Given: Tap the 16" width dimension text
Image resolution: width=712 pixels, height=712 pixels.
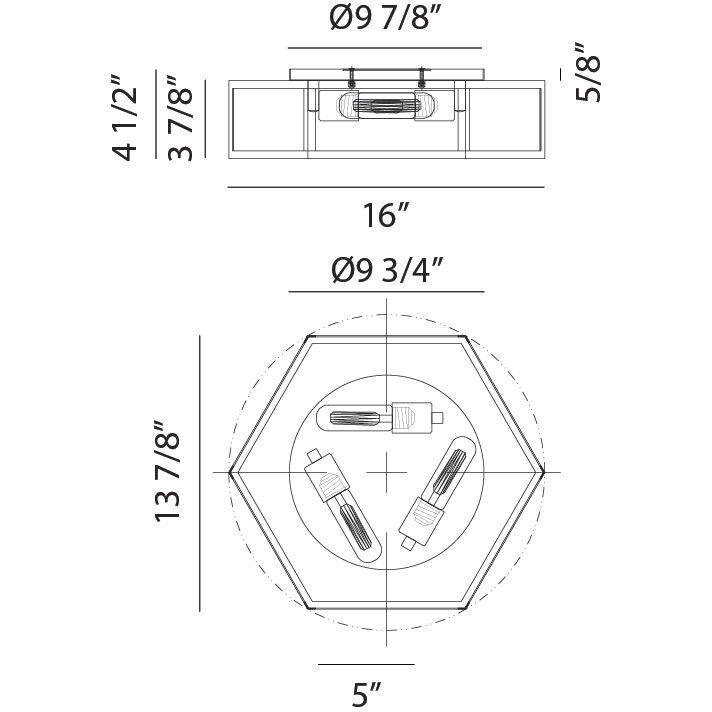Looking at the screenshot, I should [386, 215].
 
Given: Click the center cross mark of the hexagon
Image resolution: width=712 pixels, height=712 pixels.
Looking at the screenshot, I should [386, 471].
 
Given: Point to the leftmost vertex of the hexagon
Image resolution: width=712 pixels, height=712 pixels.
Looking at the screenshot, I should [230, 471].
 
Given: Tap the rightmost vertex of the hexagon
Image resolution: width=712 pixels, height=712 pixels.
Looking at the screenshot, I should [543, 471].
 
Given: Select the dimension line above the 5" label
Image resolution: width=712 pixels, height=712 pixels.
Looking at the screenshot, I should [366, 664].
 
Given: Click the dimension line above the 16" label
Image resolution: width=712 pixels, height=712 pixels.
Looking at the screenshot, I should [386, 187].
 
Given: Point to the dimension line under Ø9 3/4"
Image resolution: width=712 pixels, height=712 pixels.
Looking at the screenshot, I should [386, 292].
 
